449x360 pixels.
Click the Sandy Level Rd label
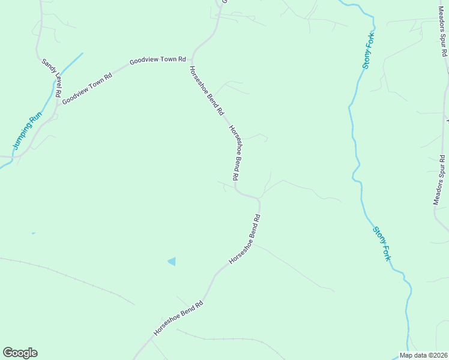click(x=51, y=78)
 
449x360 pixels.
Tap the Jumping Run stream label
click(x=22, y=129)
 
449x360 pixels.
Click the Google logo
click(x=20, y=353)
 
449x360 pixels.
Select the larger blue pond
click(x=172, y=261)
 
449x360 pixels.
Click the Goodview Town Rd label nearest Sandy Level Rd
click(x=87, y=89)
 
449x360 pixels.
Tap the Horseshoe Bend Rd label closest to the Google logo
click(x=178, y=318)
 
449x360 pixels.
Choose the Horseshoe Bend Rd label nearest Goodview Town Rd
click(x=206, y=91)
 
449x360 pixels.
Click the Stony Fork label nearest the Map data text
click(x=382, y=243)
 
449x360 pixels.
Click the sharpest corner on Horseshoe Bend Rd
click(x=259, y=197)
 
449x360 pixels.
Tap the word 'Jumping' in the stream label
click(x=18, y=136)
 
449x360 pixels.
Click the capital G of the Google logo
click(x=8, y=353)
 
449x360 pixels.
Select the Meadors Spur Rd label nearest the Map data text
click(x=439, y=180)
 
